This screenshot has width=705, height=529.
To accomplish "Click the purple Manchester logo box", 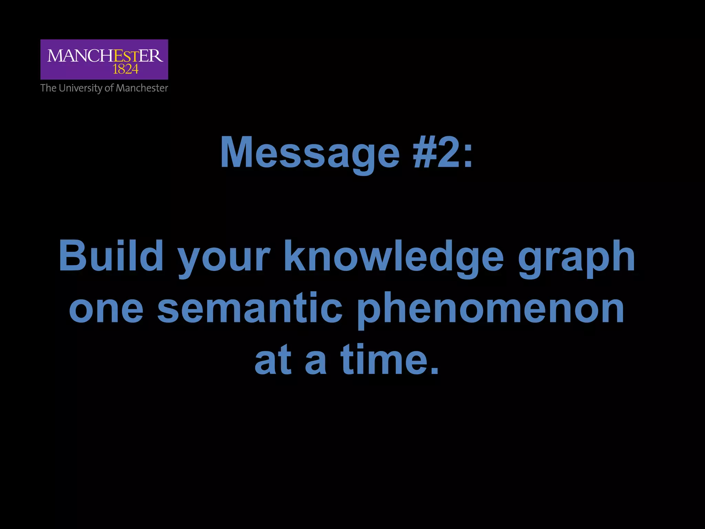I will click(x=104, y=59).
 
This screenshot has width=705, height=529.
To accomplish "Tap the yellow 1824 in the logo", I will click(x=125, y=70).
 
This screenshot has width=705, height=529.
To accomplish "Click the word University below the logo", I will click(x=81, y=88).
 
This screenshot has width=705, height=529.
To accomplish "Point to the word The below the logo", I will click(x=48, y=88).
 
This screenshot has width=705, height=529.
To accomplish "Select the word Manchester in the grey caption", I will click(x=141, y=88).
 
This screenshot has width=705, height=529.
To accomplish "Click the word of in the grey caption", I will click(x=109, y=88).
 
